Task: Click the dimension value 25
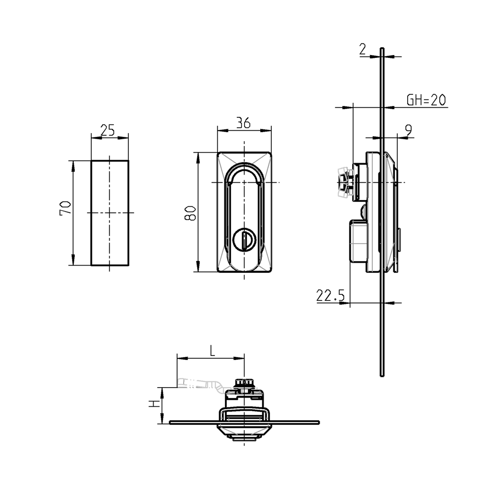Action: [108, 130]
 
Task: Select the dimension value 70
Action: [66, 208]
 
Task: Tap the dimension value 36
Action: [244, 123]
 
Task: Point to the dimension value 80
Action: [190, 212]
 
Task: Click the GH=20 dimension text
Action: [426, 100]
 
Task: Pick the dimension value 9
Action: [408, 130]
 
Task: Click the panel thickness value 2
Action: [362, 49]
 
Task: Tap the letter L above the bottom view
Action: [212, 351]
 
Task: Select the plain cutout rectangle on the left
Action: [110, 213]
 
